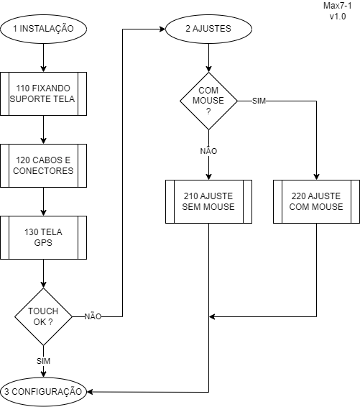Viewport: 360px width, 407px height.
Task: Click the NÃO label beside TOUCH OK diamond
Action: [93, 316]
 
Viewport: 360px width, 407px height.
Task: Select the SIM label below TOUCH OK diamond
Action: [44, 361]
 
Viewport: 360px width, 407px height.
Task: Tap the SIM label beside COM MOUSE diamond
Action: [259, 101]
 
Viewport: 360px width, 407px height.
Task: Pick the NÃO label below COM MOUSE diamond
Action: [208, 151]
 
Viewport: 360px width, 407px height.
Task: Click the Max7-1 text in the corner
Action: [338, 6]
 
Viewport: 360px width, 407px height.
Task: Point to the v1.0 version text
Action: [338, 17]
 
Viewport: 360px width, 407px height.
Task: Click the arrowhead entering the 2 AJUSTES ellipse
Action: [162, 29]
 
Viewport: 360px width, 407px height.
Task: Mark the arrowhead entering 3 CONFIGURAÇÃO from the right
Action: [90, 392]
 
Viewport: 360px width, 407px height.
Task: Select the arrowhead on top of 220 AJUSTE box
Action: [316, 177]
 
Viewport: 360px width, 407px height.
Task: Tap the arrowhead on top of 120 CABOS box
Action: [44, 141]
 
